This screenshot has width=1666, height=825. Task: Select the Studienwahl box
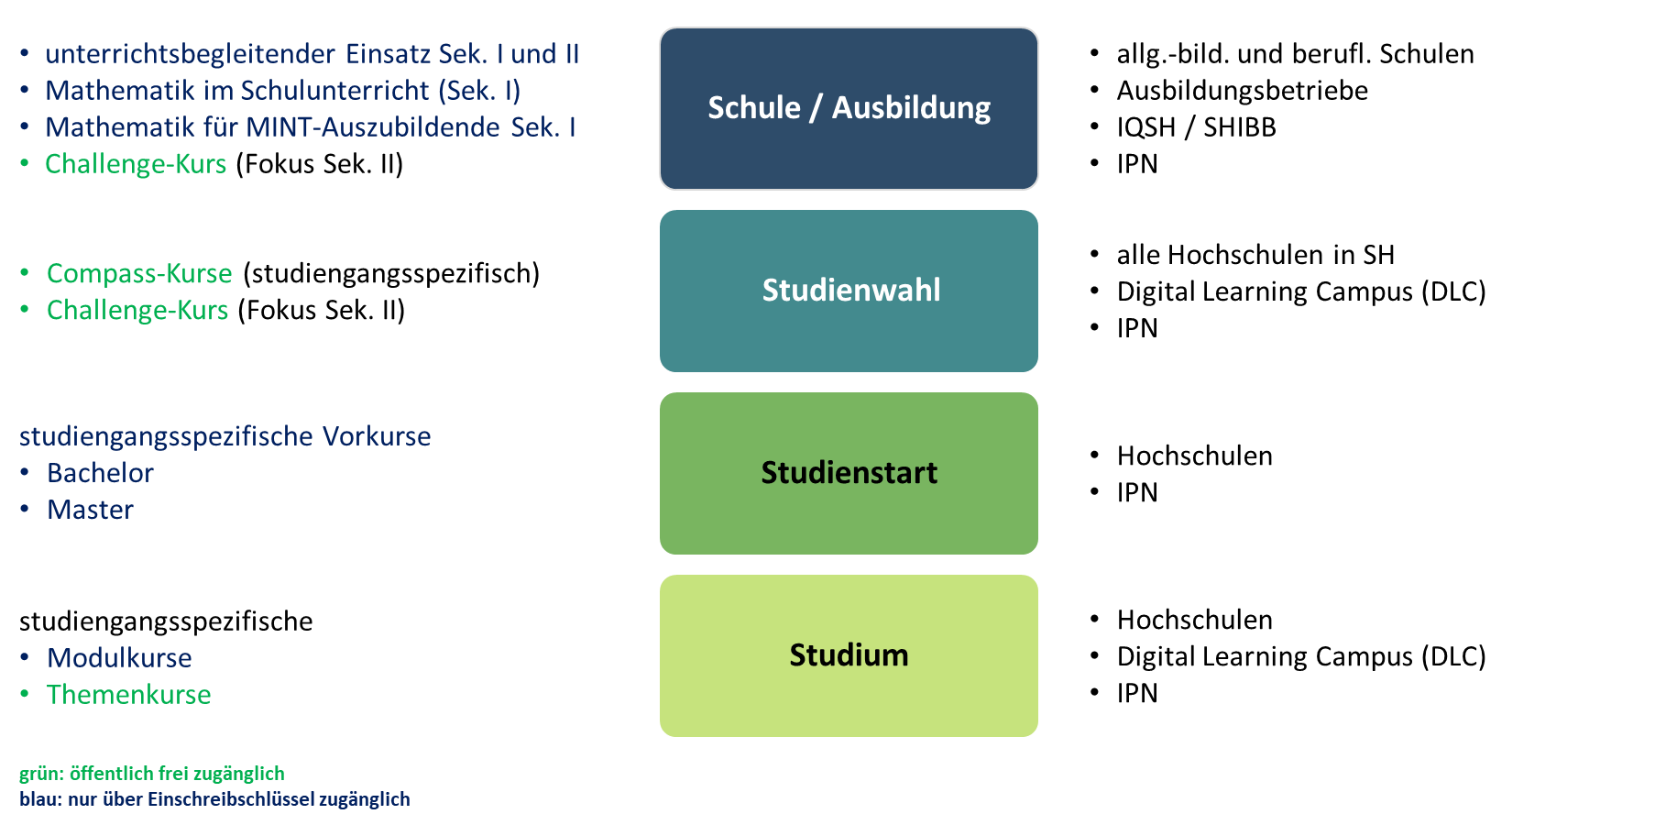(849, 291)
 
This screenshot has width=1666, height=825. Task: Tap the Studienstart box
(849, 473)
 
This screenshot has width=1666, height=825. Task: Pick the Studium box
(849, 655)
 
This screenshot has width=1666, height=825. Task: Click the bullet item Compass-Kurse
(139, 273)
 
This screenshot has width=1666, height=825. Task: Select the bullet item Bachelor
(100, 473)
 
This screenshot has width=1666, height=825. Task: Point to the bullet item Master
(90, 510)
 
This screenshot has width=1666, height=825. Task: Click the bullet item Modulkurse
(119, 658)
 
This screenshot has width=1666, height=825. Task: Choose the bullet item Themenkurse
(128, 695)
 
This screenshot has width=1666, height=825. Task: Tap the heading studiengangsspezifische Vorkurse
(225, 436)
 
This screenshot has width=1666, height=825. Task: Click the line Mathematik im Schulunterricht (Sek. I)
(282, 91)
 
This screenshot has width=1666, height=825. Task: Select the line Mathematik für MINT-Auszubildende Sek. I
(310, 127)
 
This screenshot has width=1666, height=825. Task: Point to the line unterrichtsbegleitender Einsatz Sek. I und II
(312, 54)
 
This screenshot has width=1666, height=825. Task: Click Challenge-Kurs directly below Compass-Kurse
(137, 310)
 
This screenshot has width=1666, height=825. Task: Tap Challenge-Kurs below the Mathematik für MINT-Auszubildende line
(136, 164)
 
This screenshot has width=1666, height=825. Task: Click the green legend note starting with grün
(151, 774)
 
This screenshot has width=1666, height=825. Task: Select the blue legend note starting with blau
(214, 799)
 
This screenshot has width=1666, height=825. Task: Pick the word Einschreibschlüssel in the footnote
(231, 799)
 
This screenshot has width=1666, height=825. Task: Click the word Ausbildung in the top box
(911, 108)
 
